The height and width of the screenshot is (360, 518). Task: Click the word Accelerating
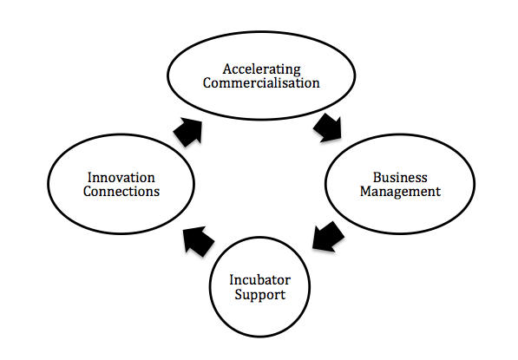pos(261,70)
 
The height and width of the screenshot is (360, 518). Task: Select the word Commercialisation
pos(261,82)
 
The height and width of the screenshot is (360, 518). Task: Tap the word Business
pos(400,178)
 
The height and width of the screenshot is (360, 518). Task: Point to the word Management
pos(400,192)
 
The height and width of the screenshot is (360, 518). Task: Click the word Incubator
pos(260,280)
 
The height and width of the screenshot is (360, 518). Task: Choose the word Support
pos(260,295)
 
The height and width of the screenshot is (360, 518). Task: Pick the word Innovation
pos(121,178)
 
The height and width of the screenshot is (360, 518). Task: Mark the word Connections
pos(121,191)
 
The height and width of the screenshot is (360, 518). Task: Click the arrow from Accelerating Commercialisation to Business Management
pos(328,128)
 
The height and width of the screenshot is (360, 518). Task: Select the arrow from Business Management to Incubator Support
pos(328,237)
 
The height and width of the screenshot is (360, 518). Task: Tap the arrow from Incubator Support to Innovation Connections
pos(199,241)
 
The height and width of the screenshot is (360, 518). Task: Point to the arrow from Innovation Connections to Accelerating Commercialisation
pos(188,133)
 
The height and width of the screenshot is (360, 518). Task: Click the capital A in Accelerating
pos(227,69)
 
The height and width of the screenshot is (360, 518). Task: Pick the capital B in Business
pos(377,178)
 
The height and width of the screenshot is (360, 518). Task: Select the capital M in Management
pos(366,191)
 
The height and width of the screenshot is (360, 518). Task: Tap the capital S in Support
pos(239,294)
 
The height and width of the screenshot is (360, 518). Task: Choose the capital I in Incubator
pos(233,280)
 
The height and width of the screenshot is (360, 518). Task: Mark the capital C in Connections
pos(88,191)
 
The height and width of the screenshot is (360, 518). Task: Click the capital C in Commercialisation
pos(207,82)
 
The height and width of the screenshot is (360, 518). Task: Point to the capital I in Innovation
pos(90,178)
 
